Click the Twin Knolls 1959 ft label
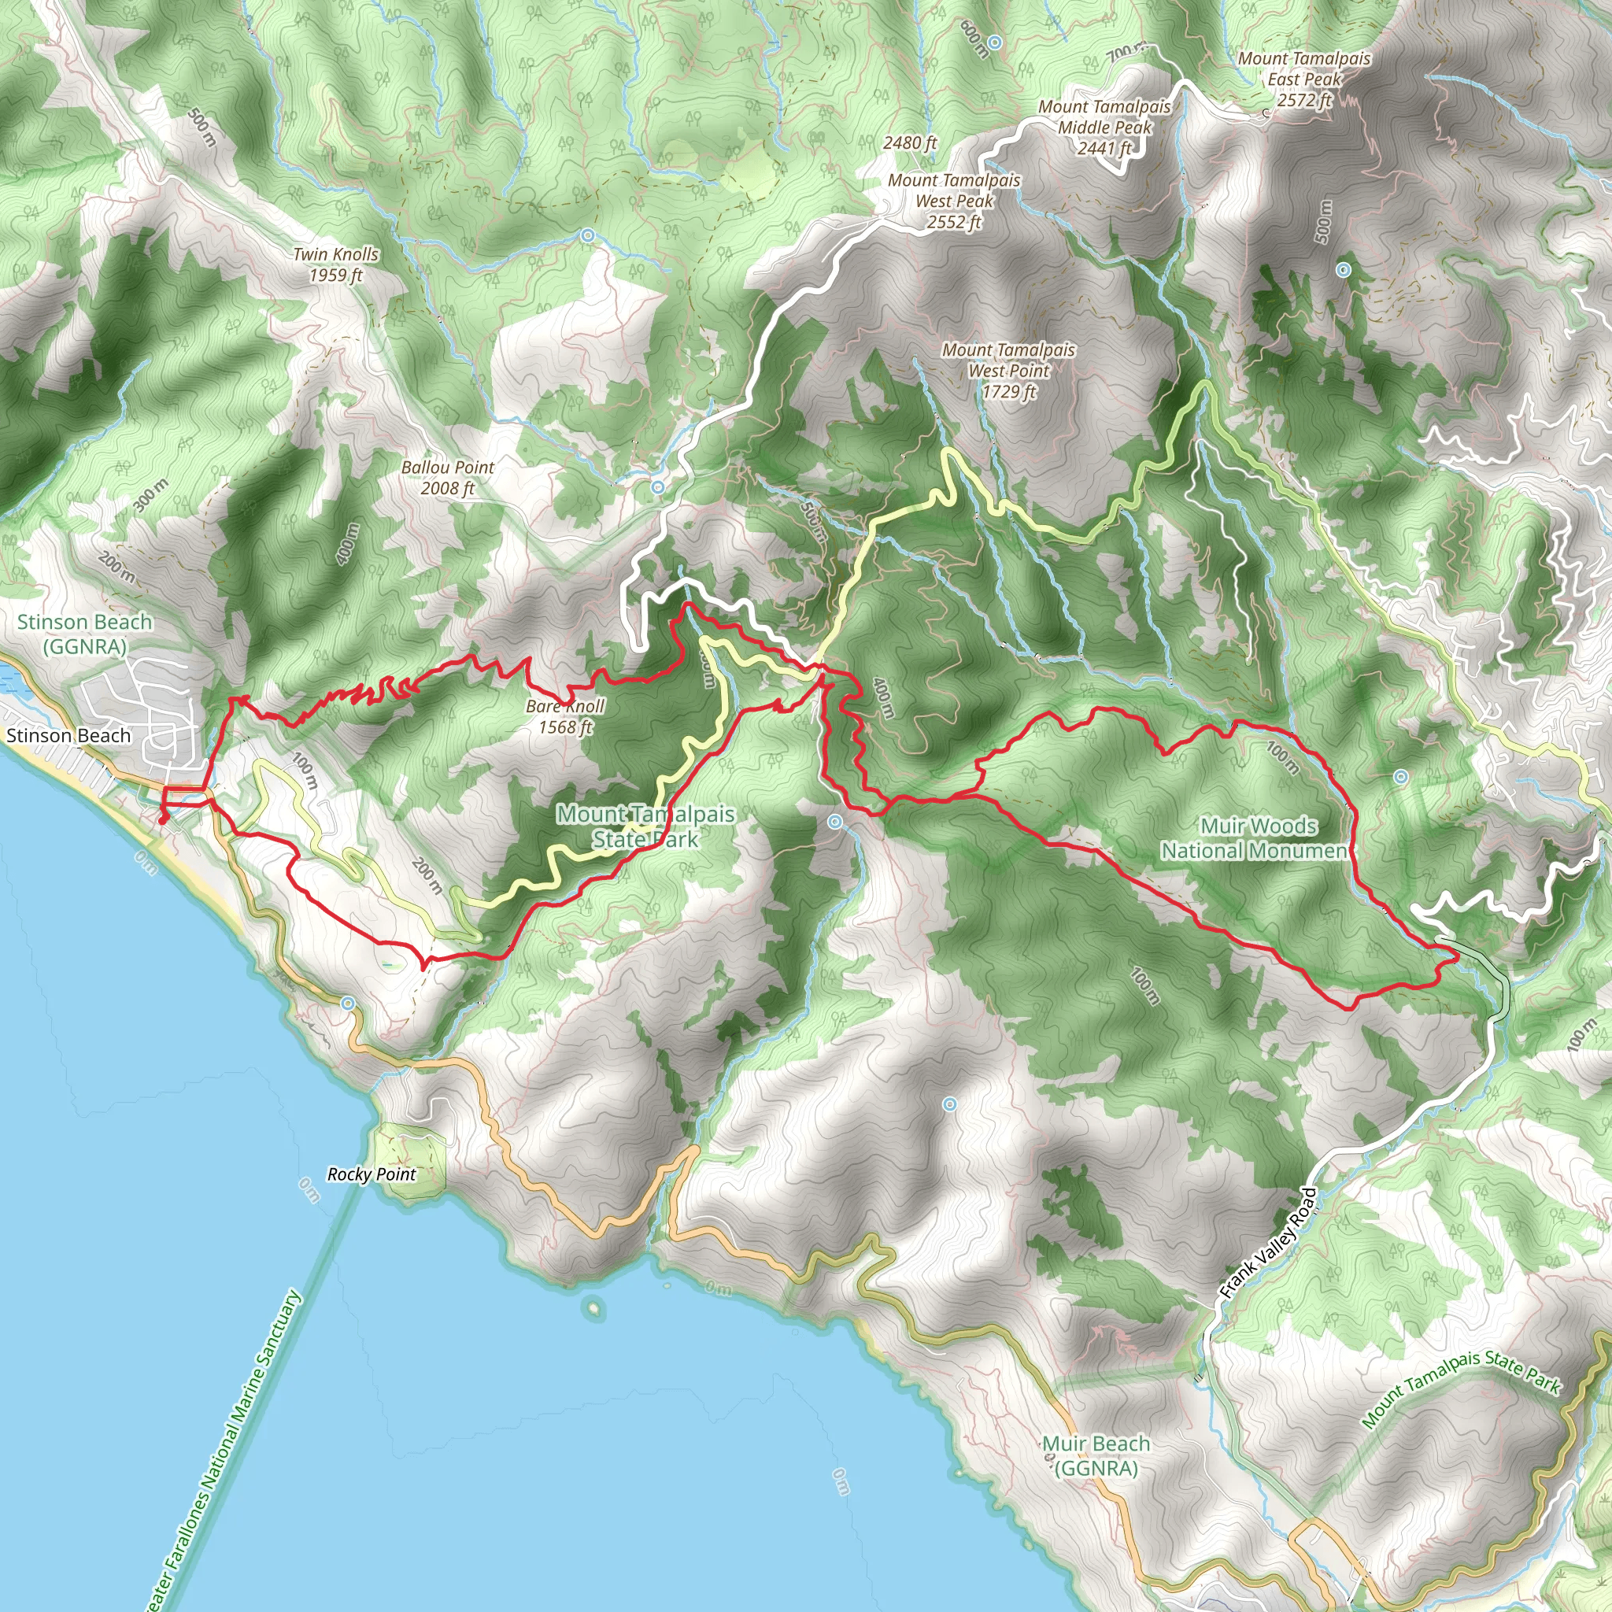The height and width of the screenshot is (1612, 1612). pyautogui.click(x=335, y=264)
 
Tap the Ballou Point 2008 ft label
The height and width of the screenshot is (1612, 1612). pyautogui.click(x=447, y=477)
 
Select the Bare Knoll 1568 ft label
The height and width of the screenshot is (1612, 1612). pyautogui.click(x=565, y=716)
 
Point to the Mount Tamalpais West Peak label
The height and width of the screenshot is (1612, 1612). pyautogui.click(x=954, y=201)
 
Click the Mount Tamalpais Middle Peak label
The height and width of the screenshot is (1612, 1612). pyautogui.click(x=1104, y=128)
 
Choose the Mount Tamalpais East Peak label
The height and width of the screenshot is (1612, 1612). pyautogui.click(x=1304, y=79)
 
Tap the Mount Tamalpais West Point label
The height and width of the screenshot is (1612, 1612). pyautogui.click(x=1009, y=371)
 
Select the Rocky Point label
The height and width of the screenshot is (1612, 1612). pyautogui.click(x=372, y=1174)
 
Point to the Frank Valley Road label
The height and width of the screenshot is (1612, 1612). pyautogui.click(x=1267, y=1242)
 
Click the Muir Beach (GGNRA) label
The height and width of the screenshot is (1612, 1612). pyautogui.click(x=1096, y=1455)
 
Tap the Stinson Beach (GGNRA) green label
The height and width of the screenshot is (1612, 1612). pyautogui.click(x=84, y=634)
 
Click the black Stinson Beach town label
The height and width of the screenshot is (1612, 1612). pyautogui.click(x=68, y=735)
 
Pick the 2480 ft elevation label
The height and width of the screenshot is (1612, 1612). pyautogui.click(x=909, y=142)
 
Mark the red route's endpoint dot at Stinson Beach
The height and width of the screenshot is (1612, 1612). pyautogui.click(x=162, y=821)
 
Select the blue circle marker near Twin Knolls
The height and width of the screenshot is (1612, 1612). pyautogui.click(x=587, y=236)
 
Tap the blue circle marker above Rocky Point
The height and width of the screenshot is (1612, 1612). pyautogui.click(x=347, y=1003)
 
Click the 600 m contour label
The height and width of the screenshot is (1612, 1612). pyautogui.click(x=974, y=39)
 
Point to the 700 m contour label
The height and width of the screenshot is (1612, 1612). pyautogui.click(x=1124, y=54)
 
